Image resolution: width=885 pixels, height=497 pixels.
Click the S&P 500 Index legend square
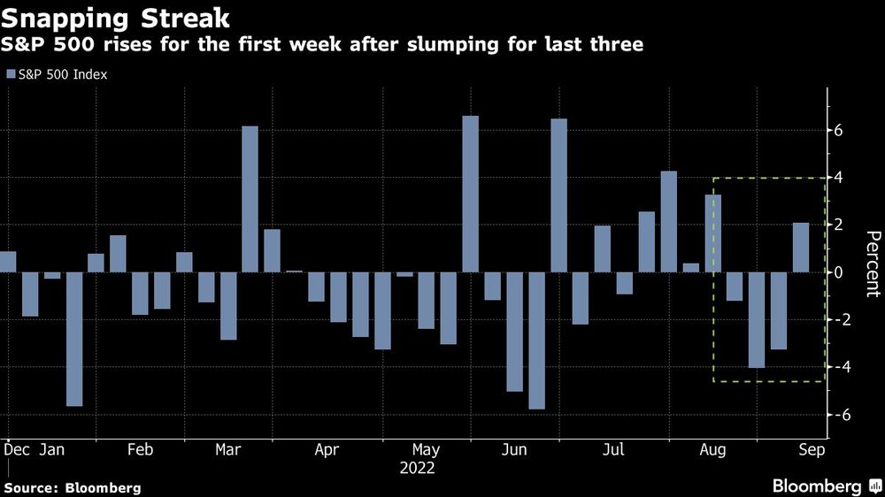click(x=11, y=74)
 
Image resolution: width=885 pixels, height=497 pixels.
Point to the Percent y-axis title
click(x=873, y=264)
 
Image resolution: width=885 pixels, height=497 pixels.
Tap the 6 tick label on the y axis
click(x=838, y=130)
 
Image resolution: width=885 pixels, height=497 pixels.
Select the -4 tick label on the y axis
click(x=836, y=367)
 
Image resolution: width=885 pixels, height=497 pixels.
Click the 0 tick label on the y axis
click(x=838, y=272)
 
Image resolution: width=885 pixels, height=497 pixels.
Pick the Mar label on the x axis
click(x=228, y=449)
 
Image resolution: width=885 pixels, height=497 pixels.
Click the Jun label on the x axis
click(x=514, y=449)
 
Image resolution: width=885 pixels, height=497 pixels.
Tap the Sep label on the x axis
click(x=812, y=449)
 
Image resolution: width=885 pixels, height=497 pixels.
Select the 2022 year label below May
click(x=417, y=468)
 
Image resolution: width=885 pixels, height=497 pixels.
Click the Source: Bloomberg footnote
click(x=73, y=488)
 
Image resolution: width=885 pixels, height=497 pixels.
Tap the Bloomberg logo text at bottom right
click(x=817, y=486)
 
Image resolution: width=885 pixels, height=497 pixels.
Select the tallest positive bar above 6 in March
click(x=250, y=199)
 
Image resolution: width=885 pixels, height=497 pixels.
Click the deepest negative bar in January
click(x=74, y=339)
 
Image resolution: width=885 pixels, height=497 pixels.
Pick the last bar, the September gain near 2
click(x=801, y=248)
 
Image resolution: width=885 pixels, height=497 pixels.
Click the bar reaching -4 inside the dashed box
click(x=757, y=320)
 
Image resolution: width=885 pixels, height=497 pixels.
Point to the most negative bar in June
click(x=537, y=340)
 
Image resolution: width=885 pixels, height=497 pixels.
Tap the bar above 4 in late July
click(x=669, y=222)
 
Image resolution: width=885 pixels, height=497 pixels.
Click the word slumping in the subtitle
click(x=452, y=44)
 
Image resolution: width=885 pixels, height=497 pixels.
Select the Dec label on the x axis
click(x=16, y=449)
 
